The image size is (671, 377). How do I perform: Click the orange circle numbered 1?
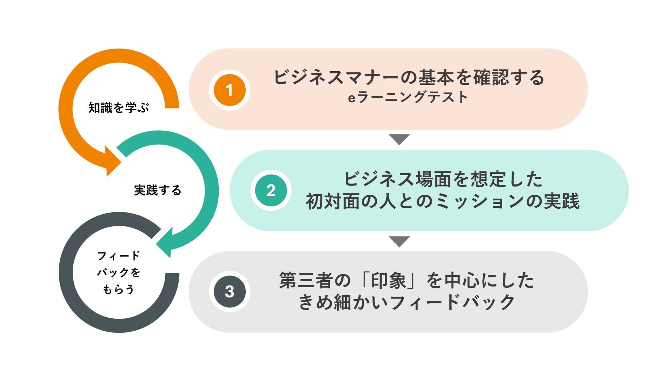(x=230, y=90)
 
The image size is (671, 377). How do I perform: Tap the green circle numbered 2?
(x=271, y=191)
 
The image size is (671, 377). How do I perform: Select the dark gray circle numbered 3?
(x=230, y=292)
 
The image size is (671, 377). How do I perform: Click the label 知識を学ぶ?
(x=119, y=108)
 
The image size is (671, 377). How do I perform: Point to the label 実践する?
(x=158, y=190)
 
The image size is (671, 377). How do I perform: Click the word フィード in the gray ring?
(x=119, y=256)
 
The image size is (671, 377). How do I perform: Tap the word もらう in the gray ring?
(x=119, y=289)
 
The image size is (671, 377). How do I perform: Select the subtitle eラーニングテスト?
(x=407, y=97)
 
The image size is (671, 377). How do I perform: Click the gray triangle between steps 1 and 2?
(x=399, y=139)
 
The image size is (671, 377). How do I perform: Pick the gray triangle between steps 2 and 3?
(x=399, y=241)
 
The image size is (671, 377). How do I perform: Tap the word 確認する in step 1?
(x=509, y=77)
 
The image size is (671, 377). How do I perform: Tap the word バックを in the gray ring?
(x=119, y=273)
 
